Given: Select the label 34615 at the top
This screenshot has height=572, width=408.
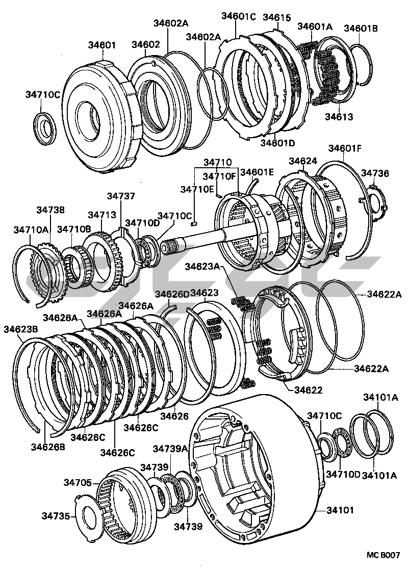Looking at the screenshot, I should [276, 17].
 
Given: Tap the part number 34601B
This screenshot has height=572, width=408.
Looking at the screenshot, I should [360, 28].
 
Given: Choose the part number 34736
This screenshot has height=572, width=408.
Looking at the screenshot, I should [375, 173].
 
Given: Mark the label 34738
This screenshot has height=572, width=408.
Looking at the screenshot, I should [50, 210].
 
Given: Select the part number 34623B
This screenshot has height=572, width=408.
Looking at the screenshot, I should [20, 329].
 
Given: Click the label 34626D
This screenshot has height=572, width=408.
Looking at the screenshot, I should [172, 294].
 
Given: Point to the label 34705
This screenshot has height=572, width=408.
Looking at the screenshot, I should [78, 482].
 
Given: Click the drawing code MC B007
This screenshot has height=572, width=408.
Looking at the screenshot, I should [382, 555].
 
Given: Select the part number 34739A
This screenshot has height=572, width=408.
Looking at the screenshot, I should [170, 449].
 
